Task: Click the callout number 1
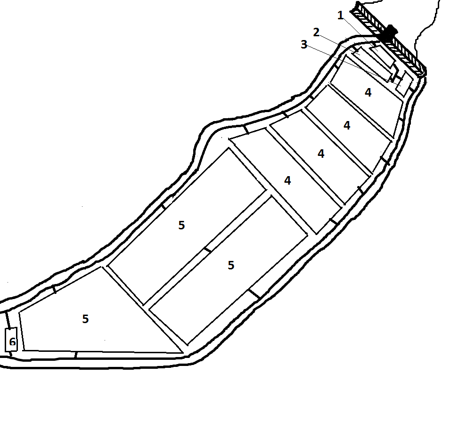341,16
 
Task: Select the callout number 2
316,32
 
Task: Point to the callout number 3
304,45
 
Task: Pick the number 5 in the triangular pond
85,319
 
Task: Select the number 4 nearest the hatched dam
368,93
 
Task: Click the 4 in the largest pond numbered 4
287,180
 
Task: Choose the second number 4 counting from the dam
347,125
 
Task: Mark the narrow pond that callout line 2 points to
372,64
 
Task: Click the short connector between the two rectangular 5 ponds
207,249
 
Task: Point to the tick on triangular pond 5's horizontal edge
75,354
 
